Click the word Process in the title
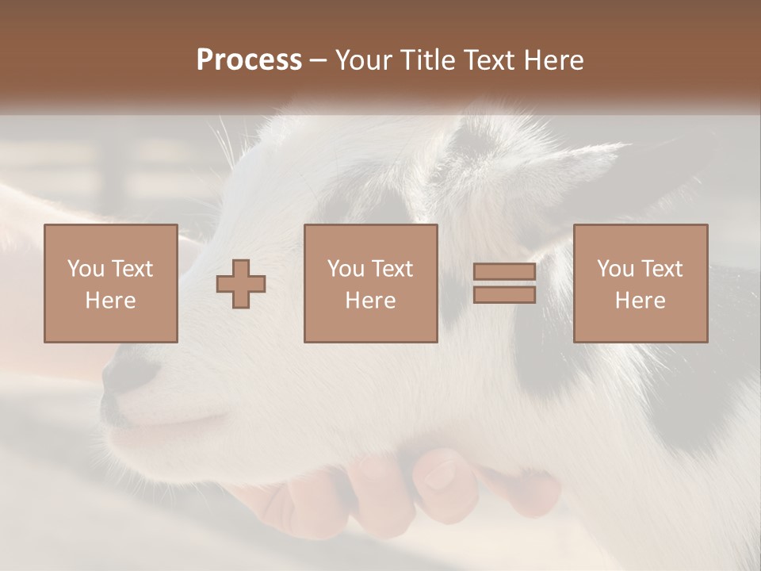pyautogui.click(x=249, y=60)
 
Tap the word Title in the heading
pyautogui.click(x=426, y=60)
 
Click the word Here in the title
pyautogui.click(x=553, y=60)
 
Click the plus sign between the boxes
pyautogui.click(x=241, y=284)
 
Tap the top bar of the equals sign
pyautogui.click(x=504, y=272)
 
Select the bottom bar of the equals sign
pyautogui.click(x=504, y=295)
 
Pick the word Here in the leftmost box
pyautogui.click(x=110, y=301)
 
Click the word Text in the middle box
pyautogui.click(x=392, y=269)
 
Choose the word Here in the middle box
pyautogui.click(x=370, y=301)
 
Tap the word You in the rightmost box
pyautogui.click(x=616, y=269)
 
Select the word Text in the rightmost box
pyautogui.click(x=661, y=269)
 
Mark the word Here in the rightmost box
pyautogui.click(x=640, y=301)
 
